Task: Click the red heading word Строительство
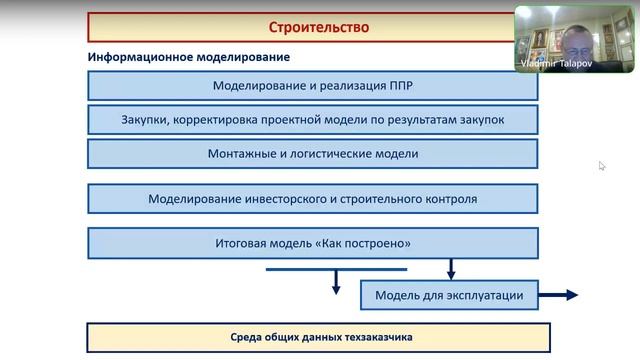[319, 27]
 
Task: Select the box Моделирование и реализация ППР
[313, 86]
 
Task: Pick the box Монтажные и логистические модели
[313, 154]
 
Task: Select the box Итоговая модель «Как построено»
[313, 243]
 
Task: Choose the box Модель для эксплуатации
[449, 295]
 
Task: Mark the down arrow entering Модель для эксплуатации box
[451, 270]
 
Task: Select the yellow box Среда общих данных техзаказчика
[319, 337]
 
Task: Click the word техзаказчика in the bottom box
[372, 337]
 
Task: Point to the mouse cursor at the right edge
[602, 166]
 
